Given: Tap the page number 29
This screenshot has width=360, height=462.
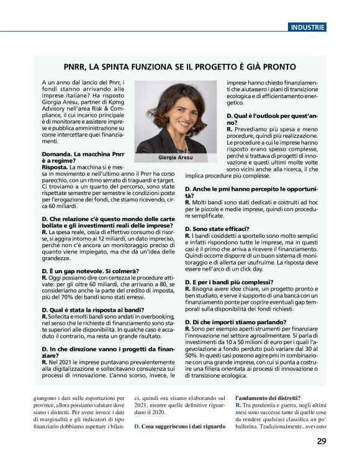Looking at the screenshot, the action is [x=321, y=442].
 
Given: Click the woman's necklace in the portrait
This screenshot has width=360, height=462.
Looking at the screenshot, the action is [x=184, y=144].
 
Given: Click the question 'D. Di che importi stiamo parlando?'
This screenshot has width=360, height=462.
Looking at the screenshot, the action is [x=236, y=322].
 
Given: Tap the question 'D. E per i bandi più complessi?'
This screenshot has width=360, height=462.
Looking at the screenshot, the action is [x=230, y=282].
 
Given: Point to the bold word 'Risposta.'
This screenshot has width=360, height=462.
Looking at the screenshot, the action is [x=55, y=168].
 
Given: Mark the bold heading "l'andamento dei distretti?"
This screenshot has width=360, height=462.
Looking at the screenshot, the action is [x=268, y=397].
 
